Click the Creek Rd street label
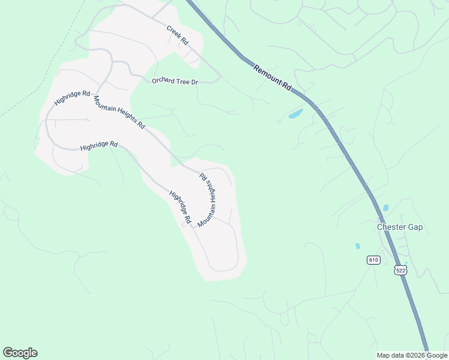(x=177, y=35)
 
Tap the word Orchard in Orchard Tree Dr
(x=163, y=80)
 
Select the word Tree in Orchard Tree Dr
(x=183, y=82)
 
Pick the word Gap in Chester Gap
(x=414, y=227)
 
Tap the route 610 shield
(x=373, y=260)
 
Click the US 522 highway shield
(x=401, y=271)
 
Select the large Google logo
(x=20, y=353)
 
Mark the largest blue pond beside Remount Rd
(x=296, y=113)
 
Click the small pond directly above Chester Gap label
(x=385, y=208)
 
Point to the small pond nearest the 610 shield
(x=358, y=246)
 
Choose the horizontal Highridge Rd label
(x=99, y=146)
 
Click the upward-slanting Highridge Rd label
(x=72, y=98)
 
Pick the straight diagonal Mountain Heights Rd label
(x=119, y=112)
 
